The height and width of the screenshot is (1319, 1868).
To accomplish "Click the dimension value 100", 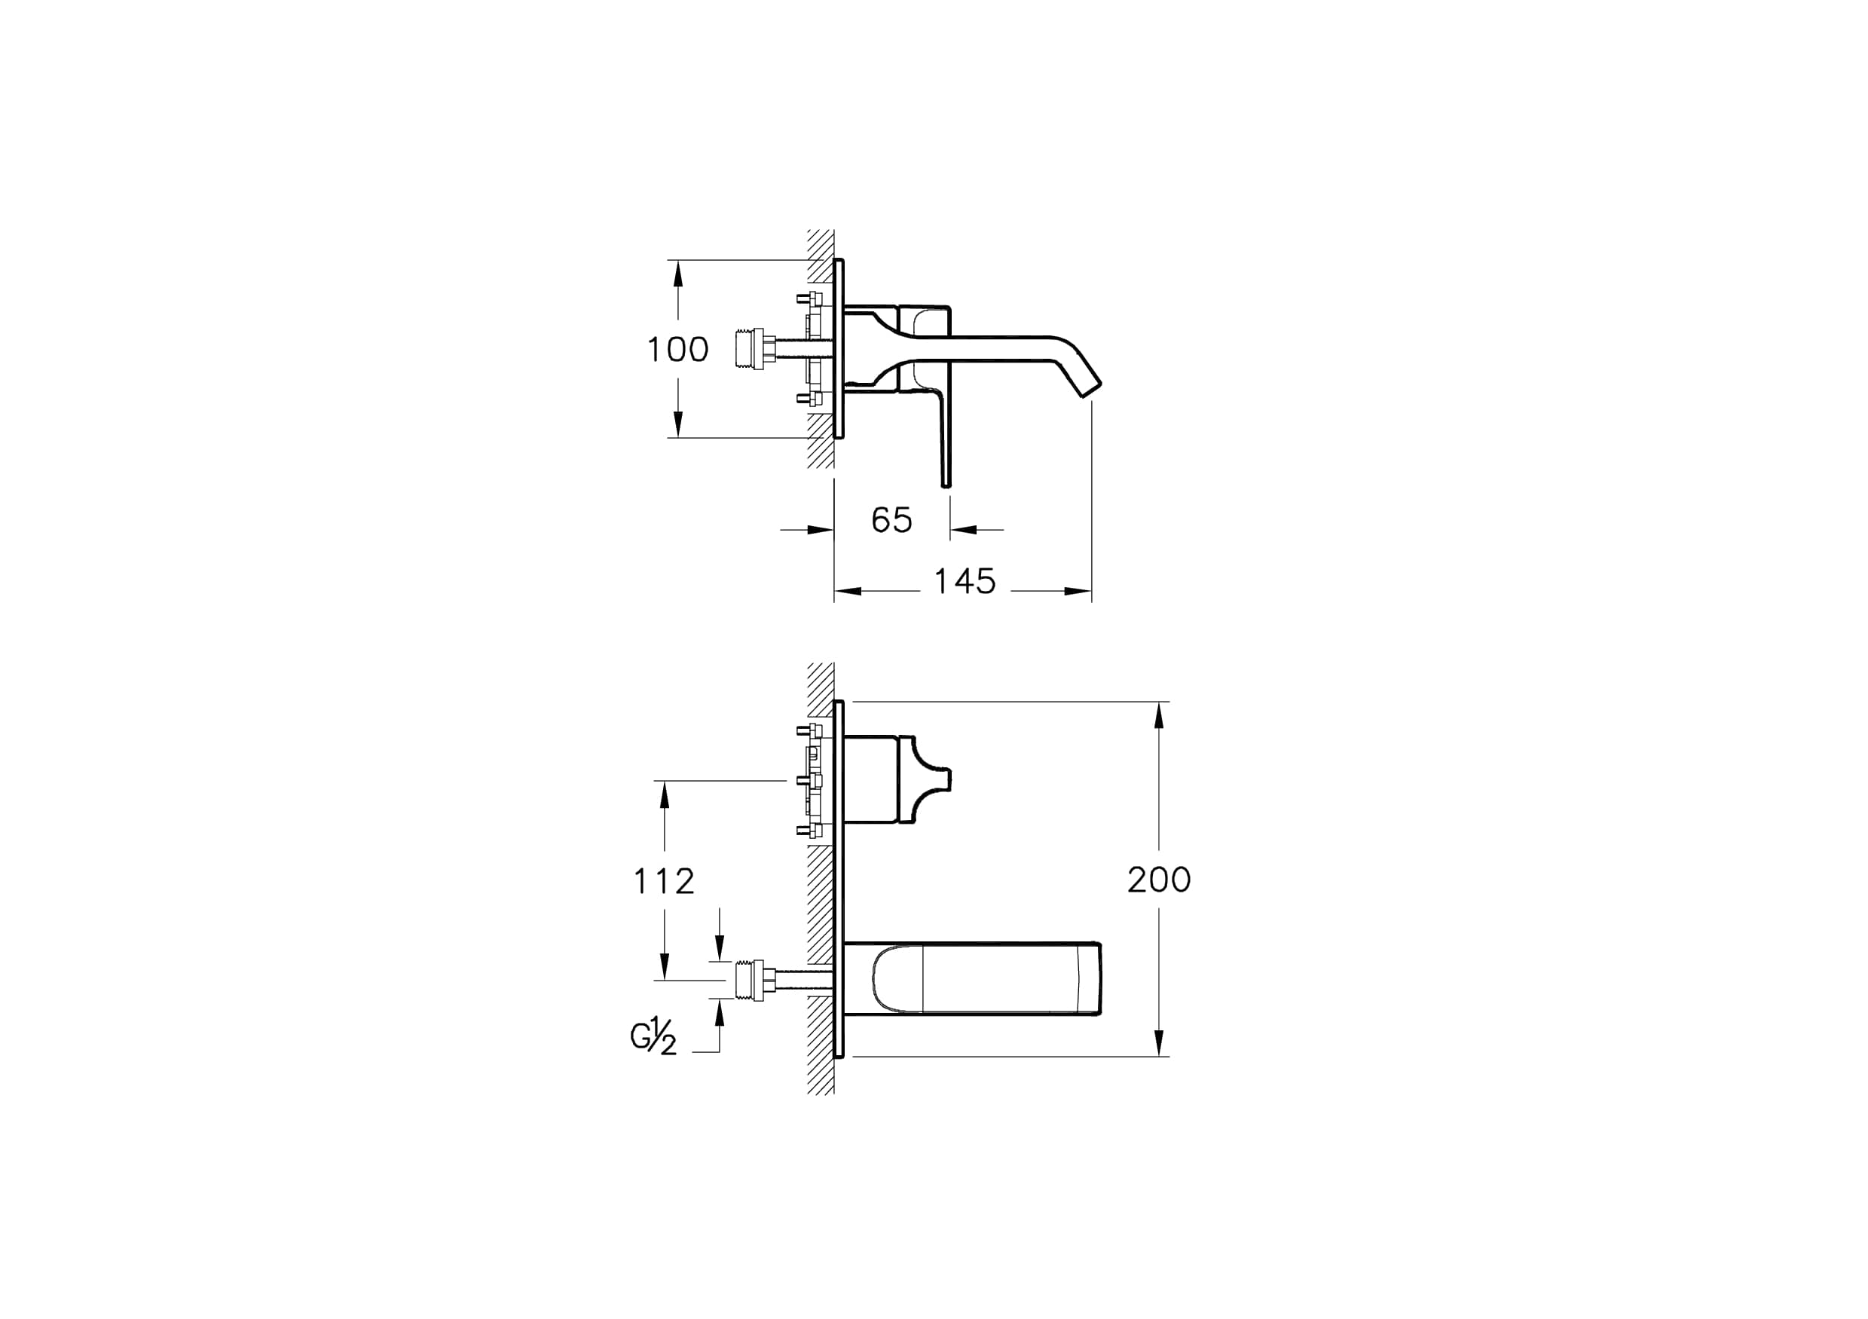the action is pos(677,350).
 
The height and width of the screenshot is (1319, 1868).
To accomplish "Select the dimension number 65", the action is pos(891,520).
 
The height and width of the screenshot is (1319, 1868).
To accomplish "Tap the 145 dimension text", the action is pos(965,582).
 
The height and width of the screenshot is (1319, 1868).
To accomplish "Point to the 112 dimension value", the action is pos(664,881).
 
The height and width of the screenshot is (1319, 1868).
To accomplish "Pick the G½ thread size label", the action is pos(653,1039).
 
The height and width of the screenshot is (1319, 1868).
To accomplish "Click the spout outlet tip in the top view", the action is pos(1091,390).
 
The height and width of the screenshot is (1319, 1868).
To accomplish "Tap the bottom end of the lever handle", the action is pos(946,485).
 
